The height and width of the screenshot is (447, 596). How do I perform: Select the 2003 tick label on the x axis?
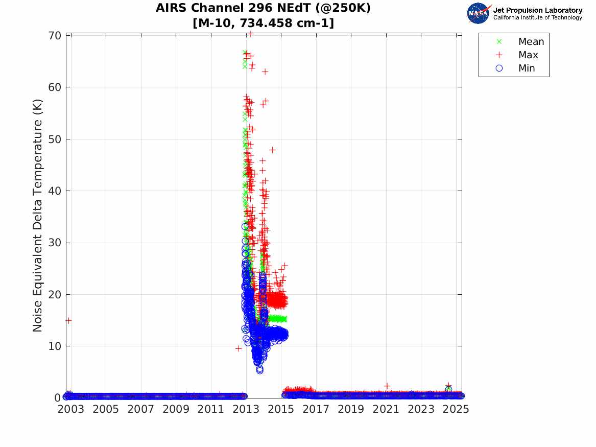tap(70, 410)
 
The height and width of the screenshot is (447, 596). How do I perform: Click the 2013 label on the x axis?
tap(246, 410)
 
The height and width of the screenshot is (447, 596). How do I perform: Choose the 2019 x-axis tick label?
tap(351, 410)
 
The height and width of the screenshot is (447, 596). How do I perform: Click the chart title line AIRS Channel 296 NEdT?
tap(263, 8)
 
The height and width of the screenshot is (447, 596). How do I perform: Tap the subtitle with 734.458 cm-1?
tap(263, 23)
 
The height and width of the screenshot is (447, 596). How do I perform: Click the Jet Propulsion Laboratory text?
tap(537, 10)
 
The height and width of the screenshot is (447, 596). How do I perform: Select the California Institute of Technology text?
tap(537, 18)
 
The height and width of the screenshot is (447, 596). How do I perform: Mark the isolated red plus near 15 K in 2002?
tap(68, 320)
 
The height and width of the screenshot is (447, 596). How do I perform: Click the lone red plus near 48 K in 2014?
tap(273, 150)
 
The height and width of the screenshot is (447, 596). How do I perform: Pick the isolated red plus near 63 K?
tap(265, 72)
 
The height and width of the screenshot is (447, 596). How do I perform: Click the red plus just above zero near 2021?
tap(387, 386)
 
